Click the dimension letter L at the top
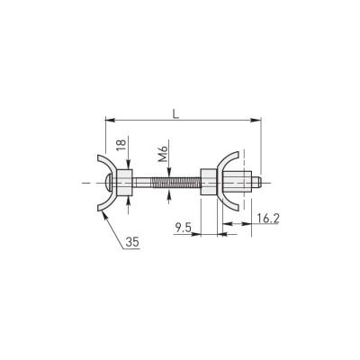click(x=176, y=113)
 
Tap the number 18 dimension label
click(x=121, y=146)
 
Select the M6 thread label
click(x=163, y=154)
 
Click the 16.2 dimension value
click(x=268, y=219)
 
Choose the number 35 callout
click(x=132, y=242)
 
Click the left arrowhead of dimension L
click(x=110, y=121)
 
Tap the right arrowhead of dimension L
click(x=256, y=121)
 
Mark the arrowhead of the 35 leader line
click(x=104, y=215)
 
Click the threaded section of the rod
click(x=175, y=183)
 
